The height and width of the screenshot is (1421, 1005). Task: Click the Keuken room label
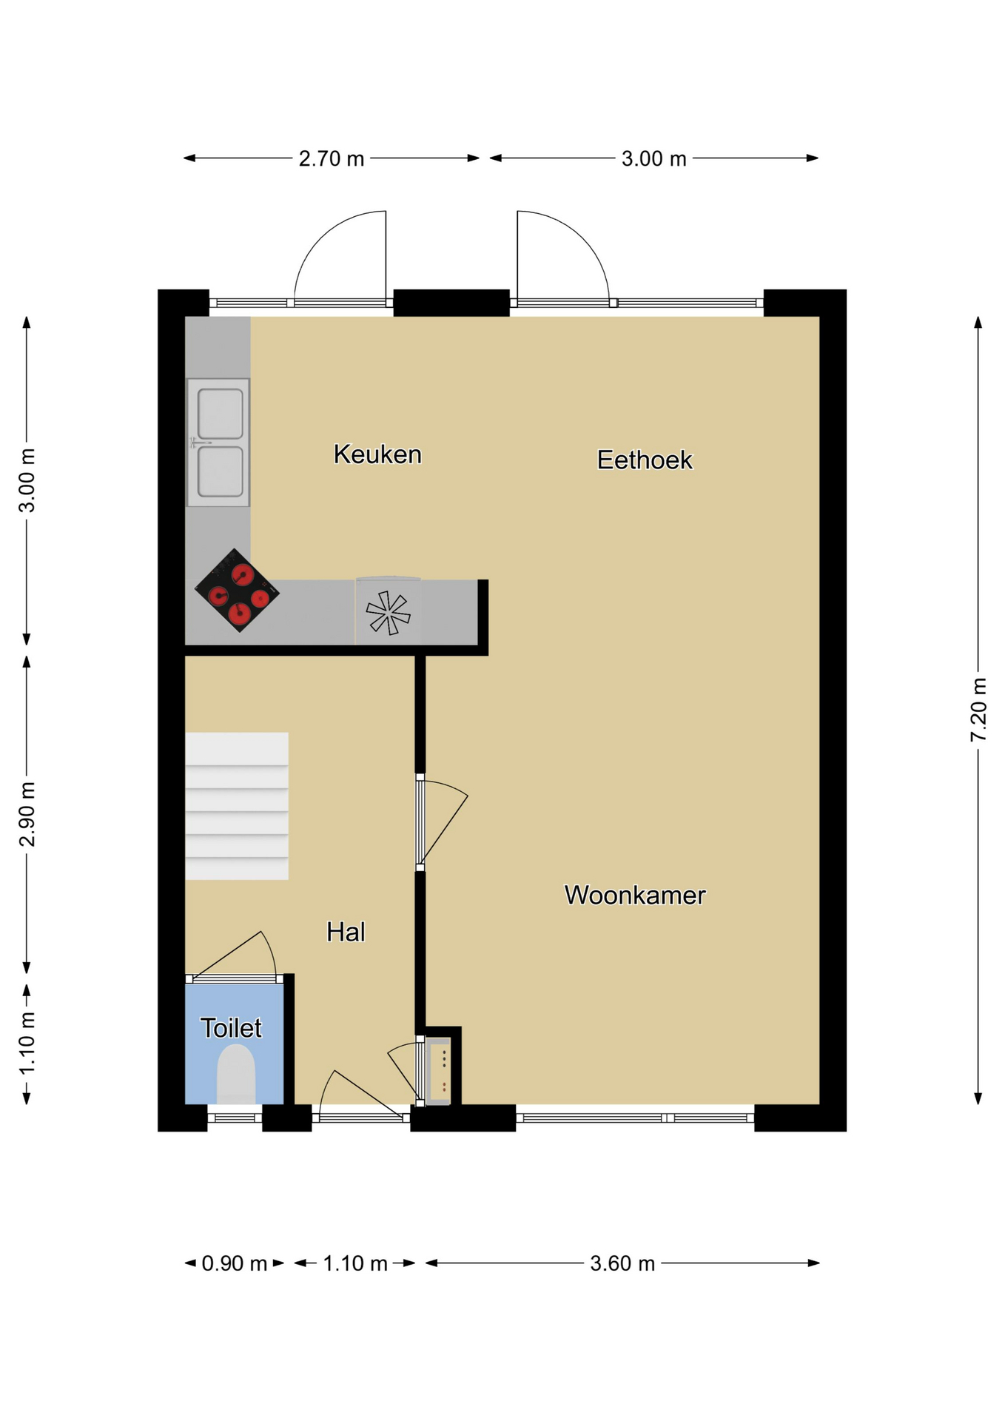coord(377,454)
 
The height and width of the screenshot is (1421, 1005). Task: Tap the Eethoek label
coord(645,460)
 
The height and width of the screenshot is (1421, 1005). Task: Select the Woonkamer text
coord(635,896)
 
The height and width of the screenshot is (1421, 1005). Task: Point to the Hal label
coord(346,933)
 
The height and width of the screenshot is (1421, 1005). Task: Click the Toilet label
coord(231,1028)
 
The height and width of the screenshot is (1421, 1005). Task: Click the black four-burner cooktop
coord(237,590)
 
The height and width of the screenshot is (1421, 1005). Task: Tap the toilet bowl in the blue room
coord(236,1074)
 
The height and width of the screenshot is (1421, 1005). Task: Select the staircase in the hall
coord(237,806)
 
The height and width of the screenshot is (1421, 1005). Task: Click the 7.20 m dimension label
coord(979,709)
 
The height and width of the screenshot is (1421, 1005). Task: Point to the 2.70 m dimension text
coord(332,159)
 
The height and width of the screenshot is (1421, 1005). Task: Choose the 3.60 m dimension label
coord(622,1263)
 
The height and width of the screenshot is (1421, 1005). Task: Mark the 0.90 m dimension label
coord(235,1263)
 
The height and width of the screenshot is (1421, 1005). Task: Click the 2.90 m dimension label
coord(27,814)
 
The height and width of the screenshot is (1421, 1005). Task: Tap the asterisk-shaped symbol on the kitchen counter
coord(388,613)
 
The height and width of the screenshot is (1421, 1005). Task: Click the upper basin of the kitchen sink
coord(221,414)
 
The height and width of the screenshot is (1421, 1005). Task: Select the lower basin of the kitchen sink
coord(221,471)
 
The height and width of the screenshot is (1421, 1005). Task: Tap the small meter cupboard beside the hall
coord(439,1071)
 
